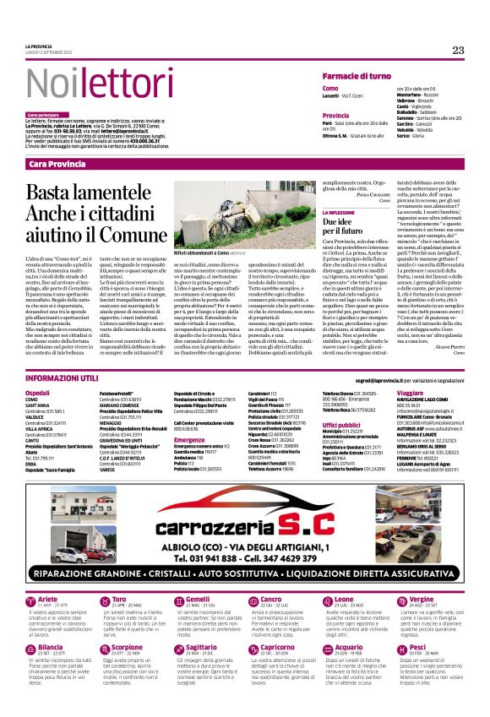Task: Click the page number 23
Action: point(458,50)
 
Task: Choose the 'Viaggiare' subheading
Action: point(410,370)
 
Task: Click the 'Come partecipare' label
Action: point(43,114)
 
